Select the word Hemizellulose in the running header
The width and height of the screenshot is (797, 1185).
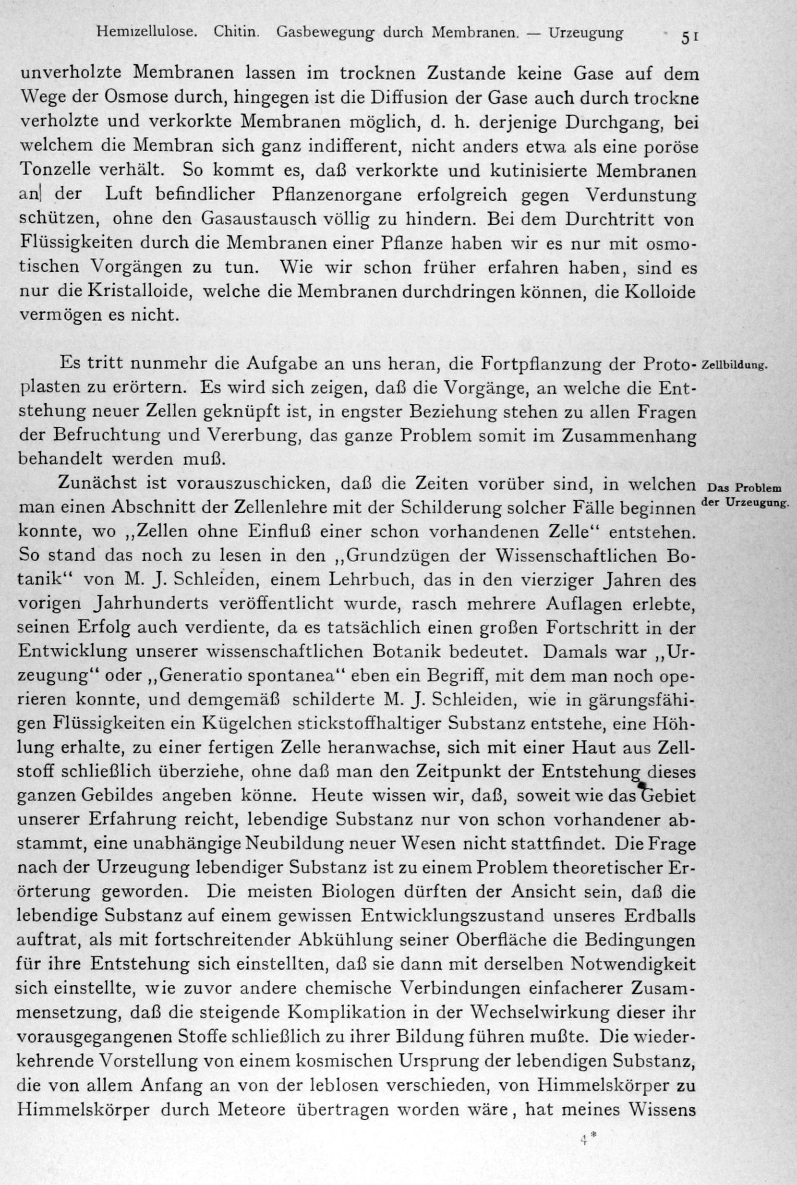coord(147,33)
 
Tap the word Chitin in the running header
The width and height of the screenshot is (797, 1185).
coord(237,33)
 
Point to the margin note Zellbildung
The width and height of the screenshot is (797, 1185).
coord(733,365)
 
